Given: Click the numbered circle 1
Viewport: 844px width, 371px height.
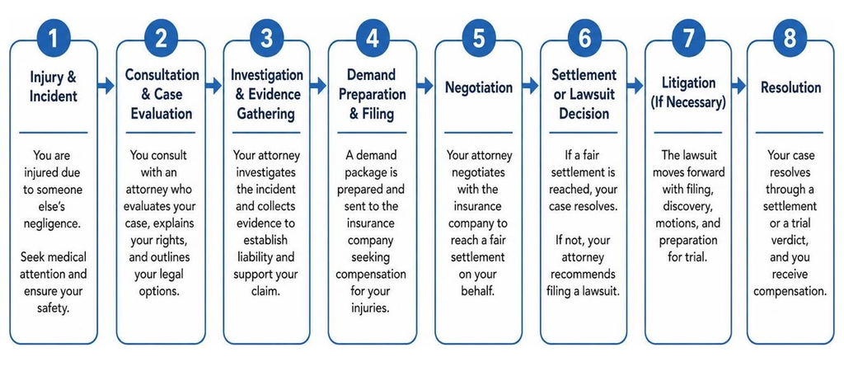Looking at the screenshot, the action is (54, 39).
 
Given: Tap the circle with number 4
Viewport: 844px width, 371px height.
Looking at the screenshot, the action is (373, 39).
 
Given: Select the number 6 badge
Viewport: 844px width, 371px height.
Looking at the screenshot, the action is (585, 39).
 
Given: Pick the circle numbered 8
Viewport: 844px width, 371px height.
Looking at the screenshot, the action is (790, 39).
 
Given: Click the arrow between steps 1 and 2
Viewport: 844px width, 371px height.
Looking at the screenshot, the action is (106, 85).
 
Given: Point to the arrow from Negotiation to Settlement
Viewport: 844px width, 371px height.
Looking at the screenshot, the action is (531, 85).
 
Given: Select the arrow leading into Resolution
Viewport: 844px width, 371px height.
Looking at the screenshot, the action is (738, 85).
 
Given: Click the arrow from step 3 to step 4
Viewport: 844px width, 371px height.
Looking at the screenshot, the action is (318, 85).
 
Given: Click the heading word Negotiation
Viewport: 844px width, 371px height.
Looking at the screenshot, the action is (479, 87).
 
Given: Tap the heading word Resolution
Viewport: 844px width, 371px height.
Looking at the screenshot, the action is (790, 87).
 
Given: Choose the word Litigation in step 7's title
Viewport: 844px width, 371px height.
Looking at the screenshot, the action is (688, 83).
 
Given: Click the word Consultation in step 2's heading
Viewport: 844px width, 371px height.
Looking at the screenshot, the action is (162, 74).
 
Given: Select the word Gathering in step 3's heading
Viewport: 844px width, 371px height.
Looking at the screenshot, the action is (267, 114).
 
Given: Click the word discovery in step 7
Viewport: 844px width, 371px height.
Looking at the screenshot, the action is (688, 206).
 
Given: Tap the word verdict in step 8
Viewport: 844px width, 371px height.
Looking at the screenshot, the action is (790, 241).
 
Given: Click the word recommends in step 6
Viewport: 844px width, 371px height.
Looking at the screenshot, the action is (583, 274).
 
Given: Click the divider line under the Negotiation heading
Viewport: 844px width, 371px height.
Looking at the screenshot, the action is (479, 133).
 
